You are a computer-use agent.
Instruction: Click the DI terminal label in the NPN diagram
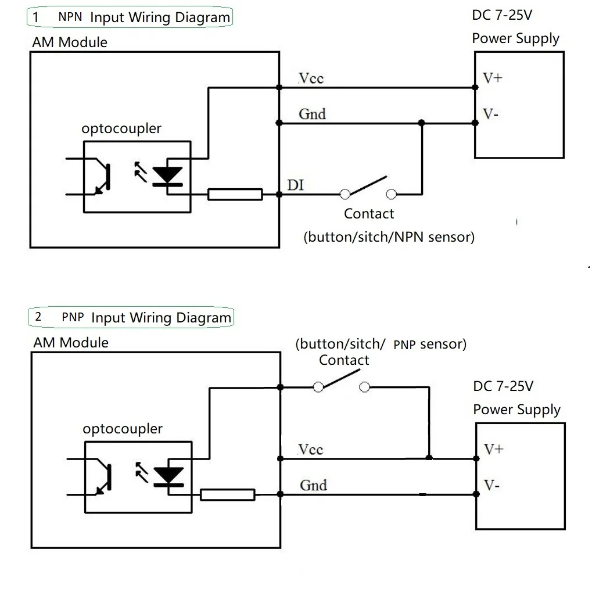click(x=295, y=185)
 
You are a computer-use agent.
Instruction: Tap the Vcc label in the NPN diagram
click(x=311, y=78)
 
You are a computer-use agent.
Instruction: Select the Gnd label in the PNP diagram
click(x=313, y=485)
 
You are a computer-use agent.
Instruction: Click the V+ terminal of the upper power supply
click(x=492, y=78)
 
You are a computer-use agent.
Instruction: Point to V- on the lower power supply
click(x=491, y=485)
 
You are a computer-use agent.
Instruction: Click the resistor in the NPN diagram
click(x=235, y=195)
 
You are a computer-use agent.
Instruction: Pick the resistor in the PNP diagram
click(x=227, y=494)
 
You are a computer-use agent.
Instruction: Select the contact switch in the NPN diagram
click(x=368, y=187)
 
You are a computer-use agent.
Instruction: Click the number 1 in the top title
click(x=36, y=17)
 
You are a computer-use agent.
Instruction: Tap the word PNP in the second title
click(x=73, y=317)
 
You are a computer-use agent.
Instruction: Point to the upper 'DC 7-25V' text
click(x=502, y=16)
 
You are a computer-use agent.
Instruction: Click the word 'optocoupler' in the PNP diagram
click(x=123, y=429)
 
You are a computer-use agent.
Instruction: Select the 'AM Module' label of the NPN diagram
click(x=70, y=42)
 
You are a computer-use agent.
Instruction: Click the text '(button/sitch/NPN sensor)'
click(x=389, y=237)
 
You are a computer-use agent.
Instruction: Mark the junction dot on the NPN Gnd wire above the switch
click(x=421, y=123)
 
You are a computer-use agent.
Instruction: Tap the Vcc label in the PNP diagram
click(x=311, y=450)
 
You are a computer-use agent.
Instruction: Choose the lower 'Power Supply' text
click(x=516, y=410)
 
